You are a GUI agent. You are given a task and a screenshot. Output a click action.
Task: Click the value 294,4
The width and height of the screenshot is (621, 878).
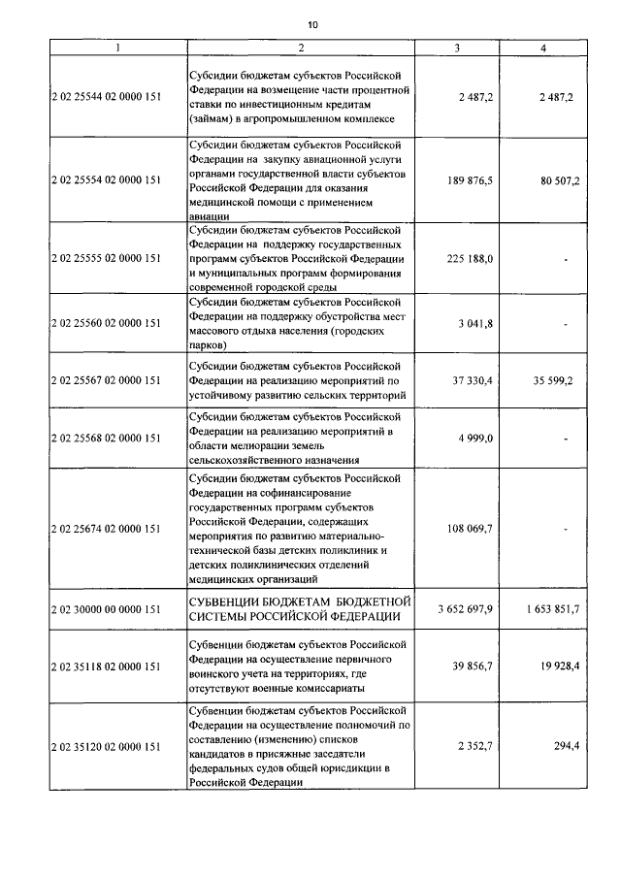click(564, 747)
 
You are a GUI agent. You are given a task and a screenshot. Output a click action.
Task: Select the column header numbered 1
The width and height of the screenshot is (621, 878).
click(116, 48)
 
